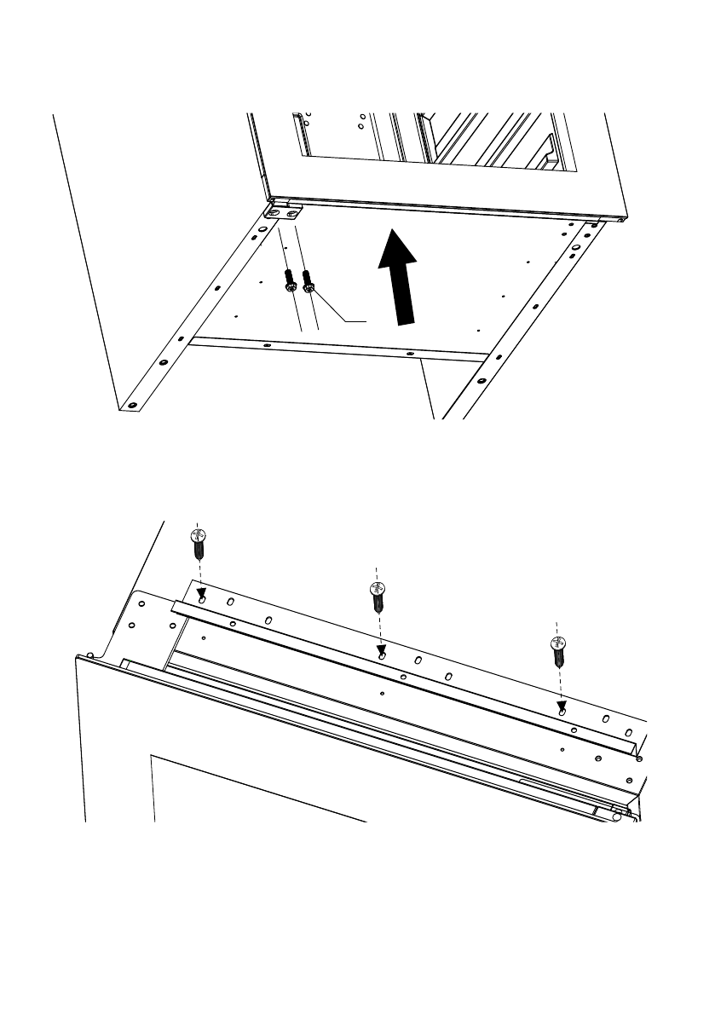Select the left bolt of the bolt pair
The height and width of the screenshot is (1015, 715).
pyautogui.click(x=291, y=282)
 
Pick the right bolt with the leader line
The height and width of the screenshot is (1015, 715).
pyautogui.click(x=308, y=282)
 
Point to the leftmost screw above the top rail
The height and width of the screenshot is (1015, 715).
pyautogui.click(x=198, y=545)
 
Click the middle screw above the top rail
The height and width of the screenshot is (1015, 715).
pyautogui.click(x=377, y=597)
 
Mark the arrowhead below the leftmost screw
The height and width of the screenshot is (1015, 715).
pyautogui.click(x=200, y=594)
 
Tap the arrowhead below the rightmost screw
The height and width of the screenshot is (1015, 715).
pyautogui.click(x=561, y=706)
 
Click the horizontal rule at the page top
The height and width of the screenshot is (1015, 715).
pyautogui.click(x=357, y=54)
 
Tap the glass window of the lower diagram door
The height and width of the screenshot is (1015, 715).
pyautogui.click(x=256, y=788)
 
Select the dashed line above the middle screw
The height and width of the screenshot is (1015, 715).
pyautogui.click(x=376, y=571)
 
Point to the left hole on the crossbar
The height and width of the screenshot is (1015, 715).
pyautogui.click(x=267, y=344)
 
